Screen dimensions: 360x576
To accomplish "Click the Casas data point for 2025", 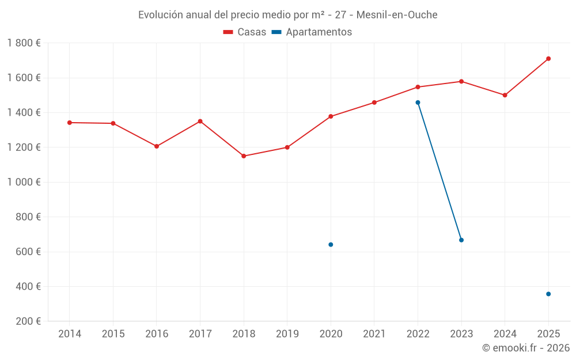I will [x=548, y=59].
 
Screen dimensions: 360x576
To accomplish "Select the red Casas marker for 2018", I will [x=244, y=156].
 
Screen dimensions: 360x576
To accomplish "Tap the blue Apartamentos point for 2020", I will [x=331, y=245].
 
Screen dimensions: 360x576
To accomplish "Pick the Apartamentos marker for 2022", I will [x=418, y=103].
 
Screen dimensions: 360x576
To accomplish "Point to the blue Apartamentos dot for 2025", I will [x=548, y=294].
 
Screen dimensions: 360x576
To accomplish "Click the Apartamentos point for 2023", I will [x=461, y=240].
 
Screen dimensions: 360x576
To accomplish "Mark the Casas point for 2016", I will [x=157, y=146].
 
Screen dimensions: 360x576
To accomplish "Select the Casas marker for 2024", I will [x=505, y=95].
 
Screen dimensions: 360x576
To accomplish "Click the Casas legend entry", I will [x=245, y=32].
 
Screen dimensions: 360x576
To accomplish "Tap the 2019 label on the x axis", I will [x=287, y=334].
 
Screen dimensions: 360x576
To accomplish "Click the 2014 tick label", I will [x=70, y=334].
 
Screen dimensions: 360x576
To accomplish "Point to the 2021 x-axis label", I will [x=374, y=334].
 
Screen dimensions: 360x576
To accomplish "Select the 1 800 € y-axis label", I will [x=24, y=43].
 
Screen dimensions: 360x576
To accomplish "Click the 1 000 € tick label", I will [x=24, y=182].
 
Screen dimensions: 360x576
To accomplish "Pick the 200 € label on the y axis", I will [x=29, y=321].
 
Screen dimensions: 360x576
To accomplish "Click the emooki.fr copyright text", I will [x=526, y=348].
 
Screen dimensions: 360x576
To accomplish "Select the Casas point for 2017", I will [x=200, y=122].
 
